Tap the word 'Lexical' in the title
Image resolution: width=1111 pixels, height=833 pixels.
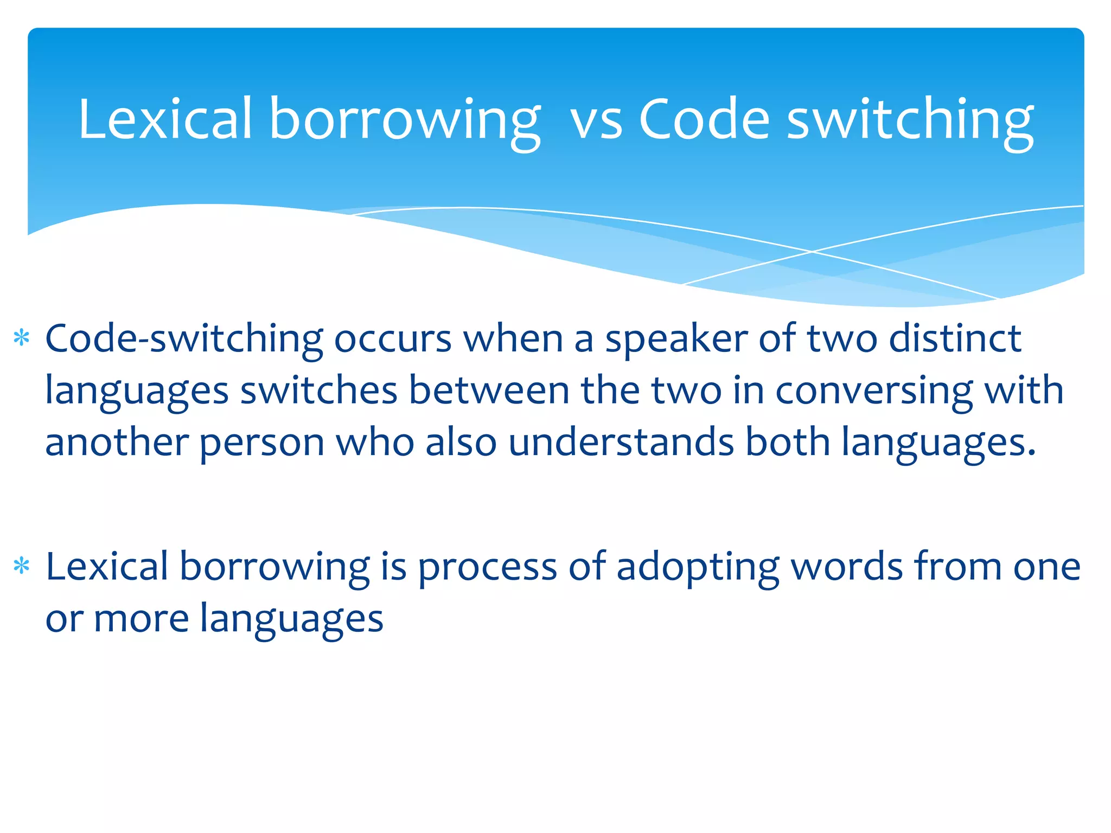(165, 119)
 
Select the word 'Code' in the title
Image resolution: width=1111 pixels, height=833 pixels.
(704, 119)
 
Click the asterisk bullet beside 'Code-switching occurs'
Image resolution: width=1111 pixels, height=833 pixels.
(22, 338)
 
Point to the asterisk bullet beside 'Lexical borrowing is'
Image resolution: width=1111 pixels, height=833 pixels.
(22, 567)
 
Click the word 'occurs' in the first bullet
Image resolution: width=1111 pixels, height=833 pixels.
(392, 339)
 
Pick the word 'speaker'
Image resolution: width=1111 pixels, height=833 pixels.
(676, 339)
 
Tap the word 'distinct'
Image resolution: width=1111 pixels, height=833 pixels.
(955, 338)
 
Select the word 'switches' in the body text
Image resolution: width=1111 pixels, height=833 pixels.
(319, 390)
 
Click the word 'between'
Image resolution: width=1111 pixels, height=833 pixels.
(489, 390)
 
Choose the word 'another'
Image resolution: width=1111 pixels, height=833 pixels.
(117, 442)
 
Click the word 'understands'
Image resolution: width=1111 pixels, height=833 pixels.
(621, 442)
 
